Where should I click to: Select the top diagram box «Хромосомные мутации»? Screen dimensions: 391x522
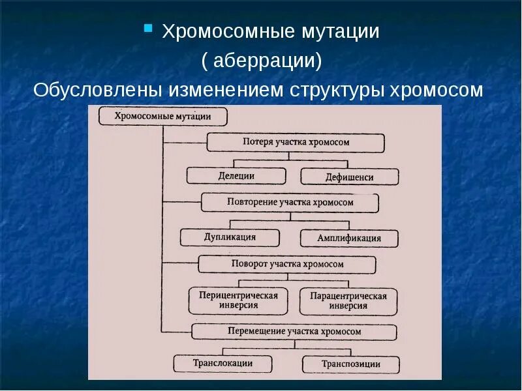point(163,117)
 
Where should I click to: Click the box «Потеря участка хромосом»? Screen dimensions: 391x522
point(296,143)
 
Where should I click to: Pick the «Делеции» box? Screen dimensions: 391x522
point(236,176)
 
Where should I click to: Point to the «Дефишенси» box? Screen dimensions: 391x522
point(350,177)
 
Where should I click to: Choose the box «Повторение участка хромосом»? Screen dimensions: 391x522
point(290,203)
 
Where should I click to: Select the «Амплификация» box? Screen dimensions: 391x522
point(349,238)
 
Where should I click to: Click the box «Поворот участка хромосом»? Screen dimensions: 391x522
point(287,265)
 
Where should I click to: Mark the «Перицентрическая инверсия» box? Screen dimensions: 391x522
point(238,300)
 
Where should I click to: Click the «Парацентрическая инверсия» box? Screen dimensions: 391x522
point(348,301)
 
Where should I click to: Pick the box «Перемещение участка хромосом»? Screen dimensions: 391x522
point(294,331)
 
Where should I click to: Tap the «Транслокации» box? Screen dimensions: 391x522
point(223,364)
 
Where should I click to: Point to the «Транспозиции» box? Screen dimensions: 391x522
point(351,364)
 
